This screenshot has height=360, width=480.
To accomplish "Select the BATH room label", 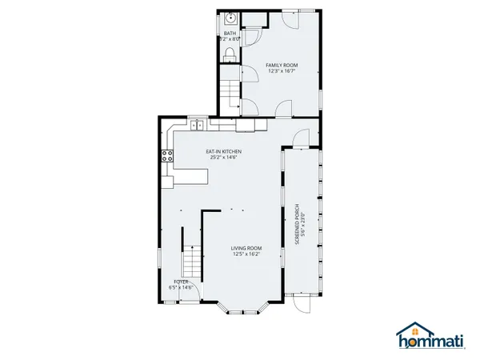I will pyautogui.click(x=230, y=33).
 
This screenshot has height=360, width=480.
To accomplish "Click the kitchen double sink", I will pyautogui.click(x=196, y=124).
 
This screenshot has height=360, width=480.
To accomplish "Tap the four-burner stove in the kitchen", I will pyautogui.click(x=168, y=156).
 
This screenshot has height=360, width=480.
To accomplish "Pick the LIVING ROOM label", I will pyautogui.click(x=247, y=249).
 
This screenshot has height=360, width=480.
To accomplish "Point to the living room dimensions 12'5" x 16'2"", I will pyautogui.click(x=247, y=255).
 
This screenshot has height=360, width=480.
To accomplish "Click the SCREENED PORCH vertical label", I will pyautogui.click(x=297, y=225).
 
